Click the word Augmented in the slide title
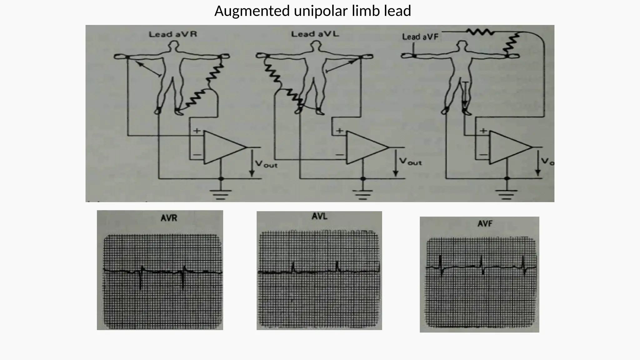(x=252, y=11)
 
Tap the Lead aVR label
(x=173, y=34)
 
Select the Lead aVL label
(x=315, y=34)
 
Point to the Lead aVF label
(x=420, y=37)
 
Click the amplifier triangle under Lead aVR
(x=222, y=147)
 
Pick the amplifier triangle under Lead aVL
(x=365, y=147)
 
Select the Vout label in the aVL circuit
(x=410, y=162)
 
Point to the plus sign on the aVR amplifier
(x=197, y=131)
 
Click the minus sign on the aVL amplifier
(x=339, y=154)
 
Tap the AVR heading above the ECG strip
(x=169, y=218)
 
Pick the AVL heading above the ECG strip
(x=319, y=216)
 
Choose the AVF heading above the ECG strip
(x=485, y=224)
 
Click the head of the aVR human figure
(x=173, y=46)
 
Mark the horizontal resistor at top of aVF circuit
(x=480, y=32)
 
